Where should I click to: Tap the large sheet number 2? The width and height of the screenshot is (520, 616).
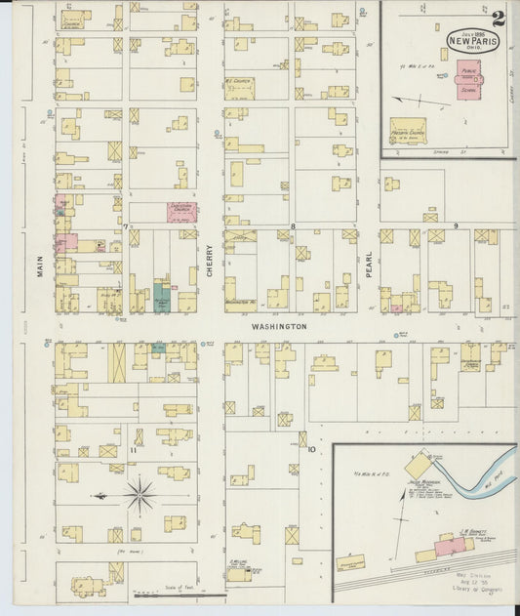click(x=499, y=17)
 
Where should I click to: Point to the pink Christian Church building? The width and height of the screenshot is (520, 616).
click(x=180, y=211)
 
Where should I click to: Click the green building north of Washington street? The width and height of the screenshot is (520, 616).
click(x=162, y=296)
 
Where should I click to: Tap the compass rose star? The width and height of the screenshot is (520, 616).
click(x=140, y=495)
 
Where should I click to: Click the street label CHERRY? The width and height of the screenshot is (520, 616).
click(x=209, y=263)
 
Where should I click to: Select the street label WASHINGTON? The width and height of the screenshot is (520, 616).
click(x=278, y=326)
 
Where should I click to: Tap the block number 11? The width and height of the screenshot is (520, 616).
click(x=132, y=450)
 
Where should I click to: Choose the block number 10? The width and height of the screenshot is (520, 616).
click(x=311, y=450)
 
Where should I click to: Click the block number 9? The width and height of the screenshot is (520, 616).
click(x=456, y=226)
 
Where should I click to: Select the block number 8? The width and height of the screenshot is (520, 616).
click(x=291, y=226)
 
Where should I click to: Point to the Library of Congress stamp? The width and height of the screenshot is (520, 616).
click(x=469, y=589)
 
